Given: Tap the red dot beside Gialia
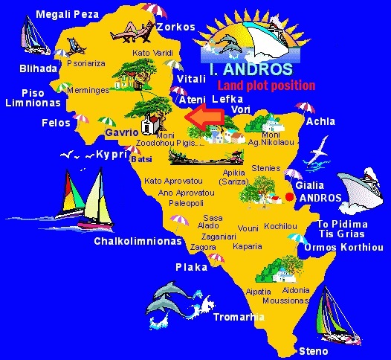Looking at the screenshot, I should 289,196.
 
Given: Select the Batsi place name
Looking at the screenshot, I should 140,159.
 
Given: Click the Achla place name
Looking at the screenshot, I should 320,121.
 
